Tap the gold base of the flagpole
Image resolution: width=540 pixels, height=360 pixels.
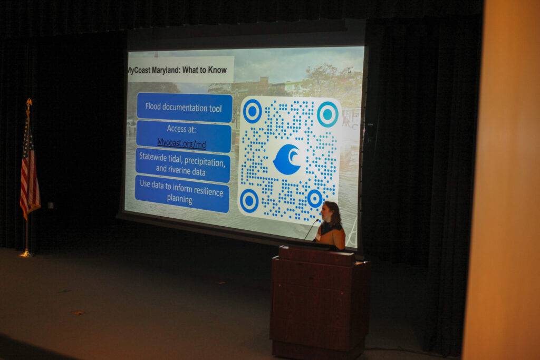pos(26,254)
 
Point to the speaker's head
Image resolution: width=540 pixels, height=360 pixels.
pos(331,212)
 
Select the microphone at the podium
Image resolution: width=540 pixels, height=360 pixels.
pos(311,229)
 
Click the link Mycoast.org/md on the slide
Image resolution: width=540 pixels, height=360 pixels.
pos(181,143)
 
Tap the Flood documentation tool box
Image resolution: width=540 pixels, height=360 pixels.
pos(184,108)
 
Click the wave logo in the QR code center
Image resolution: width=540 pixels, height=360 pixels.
pos(287,159)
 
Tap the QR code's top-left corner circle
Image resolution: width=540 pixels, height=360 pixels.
pos(253,111)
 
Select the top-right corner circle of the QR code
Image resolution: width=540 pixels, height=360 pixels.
pos(327,114)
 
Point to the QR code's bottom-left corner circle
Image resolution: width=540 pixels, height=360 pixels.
pos(249,200)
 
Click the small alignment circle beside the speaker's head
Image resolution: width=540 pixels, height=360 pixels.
pos(314,199)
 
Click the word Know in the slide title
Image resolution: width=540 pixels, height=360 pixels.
pos(217,70)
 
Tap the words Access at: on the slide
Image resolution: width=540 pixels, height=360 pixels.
pos(181,129)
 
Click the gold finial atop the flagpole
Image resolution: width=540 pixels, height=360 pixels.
pos(29,102)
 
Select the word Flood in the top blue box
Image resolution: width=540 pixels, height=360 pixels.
pos(153,106)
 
